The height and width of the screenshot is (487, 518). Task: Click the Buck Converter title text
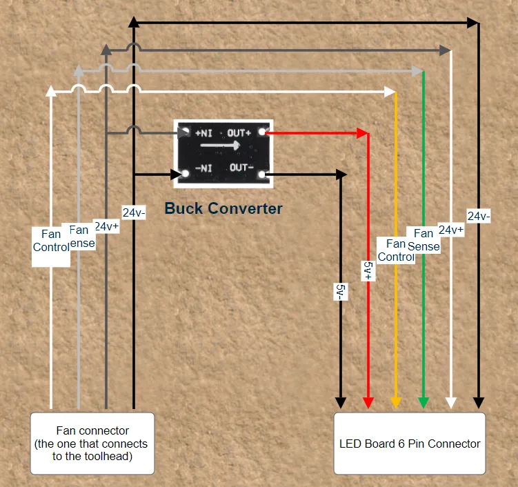223,208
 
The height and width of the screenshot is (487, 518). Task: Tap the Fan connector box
92,443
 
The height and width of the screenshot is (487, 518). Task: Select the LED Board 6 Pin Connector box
410,443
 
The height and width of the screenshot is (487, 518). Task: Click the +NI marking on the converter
203,133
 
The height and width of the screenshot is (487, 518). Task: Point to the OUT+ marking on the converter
239,133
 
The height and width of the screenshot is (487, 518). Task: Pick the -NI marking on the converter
203,168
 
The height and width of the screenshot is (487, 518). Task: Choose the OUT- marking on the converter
241,168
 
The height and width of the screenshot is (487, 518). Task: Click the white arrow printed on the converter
220,145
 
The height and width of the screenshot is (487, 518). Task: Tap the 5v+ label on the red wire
368,270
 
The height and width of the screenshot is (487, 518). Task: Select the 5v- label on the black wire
341,292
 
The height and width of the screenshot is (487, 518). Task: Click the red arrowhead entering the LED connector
368,403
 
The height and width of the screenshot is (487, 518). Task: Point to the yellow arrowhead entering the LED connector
396,403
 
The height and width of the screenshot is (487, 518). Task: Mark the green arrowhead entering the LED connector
424,403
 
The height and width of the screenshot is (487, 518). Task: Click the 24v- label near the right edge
479,216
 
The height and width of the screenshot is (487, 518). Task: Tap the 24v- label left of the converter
134,212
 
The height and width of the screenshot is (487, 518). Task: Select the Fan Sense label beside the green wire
424,240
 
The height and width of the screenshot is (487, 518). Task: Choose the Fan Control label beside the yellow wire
396,250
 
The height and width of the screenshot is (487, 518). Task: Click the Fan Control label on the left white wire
51,241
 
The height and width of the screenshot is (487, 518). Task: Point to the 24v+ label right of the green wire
451,230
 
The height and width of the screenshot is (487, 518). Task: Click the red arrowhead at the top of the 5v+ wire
363,133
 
